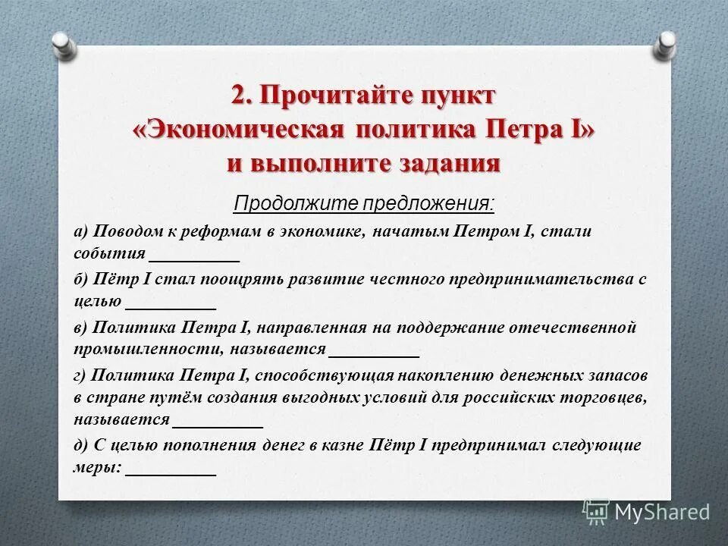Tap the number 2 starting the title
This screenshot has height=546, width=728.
pyautogui.click(x=240, y=96)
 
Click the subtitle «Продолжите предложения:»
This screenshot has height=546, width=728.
pyautogui.click(x=364, y=203)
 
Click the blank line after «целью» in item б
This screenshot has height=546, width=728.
pyautogui.click(x=171, y=306)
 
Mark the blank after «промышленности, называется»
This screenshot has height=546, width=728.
pyautogui.click(x=375, y=354)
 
